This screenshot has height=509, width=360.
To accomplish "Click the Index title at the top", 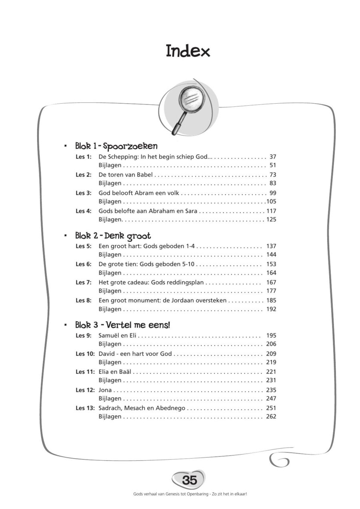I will pyautogui.click(x=188, y=52).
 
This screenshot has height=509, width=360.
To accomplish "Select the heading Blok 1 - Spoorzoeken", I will pyautogui.click(x=116, y=146).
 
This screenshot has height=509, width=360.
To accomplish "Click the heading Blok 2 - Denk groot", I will pyautogui.click(x=113, y=236).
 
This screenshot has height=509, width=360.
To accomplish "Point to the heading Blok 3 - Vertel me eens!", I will pyautogui.click(x=122, y=325).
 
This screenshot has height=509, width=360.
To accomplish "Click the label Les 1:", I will pyautogui.click(x=84, y=157).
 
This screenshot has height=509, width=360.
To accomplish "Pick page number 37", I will pyautogui.click(x=273, y=157).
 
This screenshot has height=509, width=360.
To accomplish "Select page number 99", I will pyautogui.click(x=273, y=193).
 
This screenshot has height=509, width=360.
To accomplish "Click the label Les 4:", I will pyautogui.click(x=84, y=211).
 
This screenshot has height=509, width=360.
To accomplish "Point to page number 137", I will pyautogui.click(x=271, y=246).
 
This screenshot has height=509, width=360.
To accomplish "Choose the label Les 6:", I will pyautogui.click(x=84, y=264).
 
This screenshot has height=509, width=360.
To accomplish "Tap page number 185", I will pyautogui.click(x=271, y=300).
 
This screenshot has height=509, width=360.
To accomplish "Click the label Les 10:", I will pyautogui.click(x=85, y=354).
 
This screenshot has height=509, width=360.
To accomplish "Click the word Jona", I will pyautogui.click(x=105, y=390).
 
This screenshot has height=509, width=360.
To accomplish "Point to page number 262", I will pyautogui.click(x=271, y=417).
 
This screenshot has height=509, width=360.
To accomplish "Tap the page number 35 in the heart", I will pyautogui.click(x=189, y=480).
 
